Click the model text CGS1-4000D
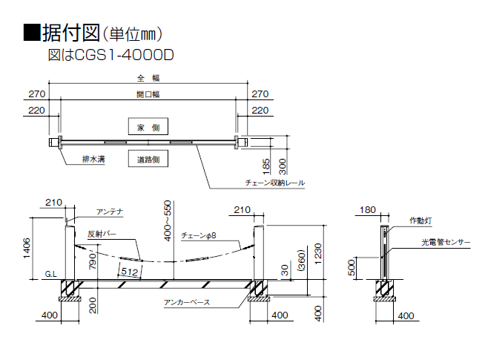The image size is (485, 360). coord(124,56)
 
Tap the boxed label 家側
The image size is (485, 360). coord(148,126)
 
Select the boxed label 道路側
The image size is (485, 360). coord(148,159)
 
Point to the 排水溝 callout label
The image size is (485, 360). coord(93,159)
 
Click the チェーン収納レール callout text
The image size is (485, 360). coord(274,183)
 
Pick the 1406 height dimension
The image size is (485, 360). coord(27,248)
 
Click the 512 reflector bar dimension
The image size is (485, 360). coord(129,272)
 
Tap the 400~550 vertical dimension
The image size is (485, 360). coord(167,220)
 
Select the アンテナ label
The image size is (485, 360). coord(110,212)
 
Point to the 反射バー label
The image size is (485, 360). coord(102,234)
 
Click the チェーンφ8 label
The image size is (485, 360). coord(199,235)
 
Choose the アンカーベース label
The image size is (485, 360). coord(187,302)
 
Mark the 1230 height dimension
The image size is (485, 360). coord(318,254)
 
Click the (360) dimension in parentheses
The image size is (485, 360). coord(301,260)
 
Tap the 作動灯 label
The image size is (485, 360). coord(420,220)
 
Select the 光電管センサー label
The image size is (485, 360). coord(446,242)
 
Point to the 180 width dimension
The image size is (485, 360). coord(368,210)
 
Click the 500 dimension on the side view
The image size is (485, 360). coord(352,268)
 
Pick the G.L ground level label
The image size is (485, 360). coord(50,274)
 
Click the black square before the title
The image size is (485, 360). coord(32,33)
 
